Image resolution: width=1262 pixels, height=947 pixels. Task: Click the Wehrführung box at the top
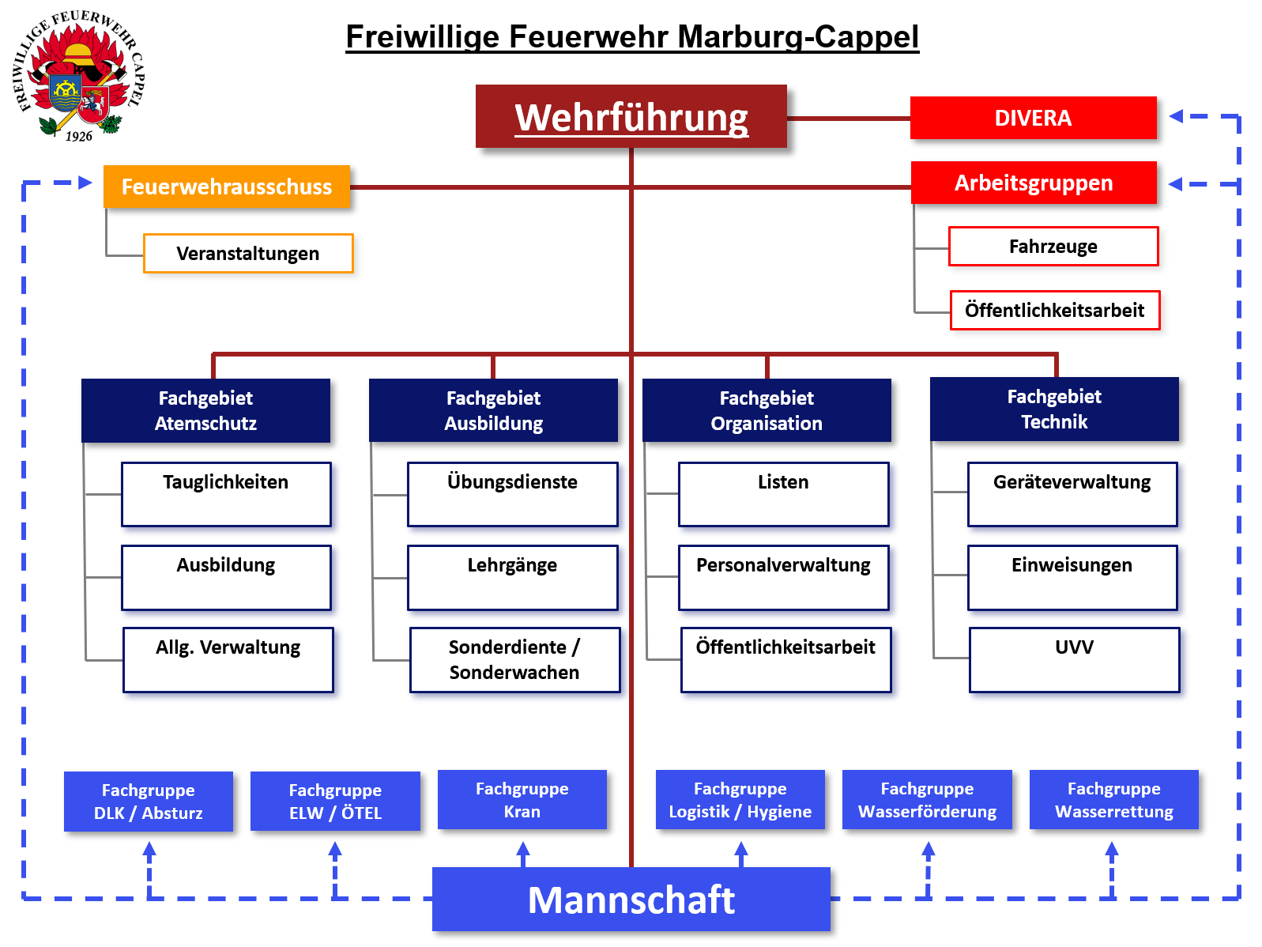click(631, 117)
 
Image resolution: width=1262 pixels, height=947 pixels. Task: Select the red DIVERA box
click(1033, 119)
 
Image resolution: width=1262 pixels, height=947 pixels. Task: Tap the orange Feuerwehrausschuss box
click(227, 187)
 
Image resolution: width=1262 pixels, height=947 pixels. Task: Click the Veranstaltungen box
click(248, 254)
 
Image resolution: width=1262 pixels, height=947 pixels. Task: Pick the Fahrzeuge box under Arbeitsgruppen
click(1053, 247)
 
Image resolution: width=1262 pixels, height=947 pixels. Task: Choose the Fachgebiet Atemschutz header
click(205, 410)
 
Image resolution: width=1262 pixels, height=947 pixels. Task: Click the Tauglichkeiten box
click(226, 494)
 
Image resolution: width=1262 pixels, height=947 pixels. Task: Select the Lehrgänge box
click(512, 577)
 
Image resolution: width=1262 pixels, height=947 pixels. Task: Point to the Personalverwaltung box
click(783, 577)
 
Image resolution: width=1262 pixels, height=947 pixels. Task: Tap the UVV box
click(1074, 659)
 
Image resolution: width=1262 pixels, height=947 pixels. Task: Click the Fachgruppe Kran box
click(522, 800)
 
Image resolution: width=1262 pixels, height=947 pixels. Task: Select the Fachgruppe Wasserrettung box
click(1113, 800)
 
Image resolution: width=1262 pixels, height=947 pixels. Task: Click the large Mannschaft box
click(631, 900)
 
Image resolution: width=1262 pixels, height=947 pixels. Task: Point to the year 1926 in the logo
click(79, 136)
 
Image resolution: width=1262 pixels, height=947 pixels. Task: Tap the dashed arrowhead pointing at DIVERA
click(1176, 116)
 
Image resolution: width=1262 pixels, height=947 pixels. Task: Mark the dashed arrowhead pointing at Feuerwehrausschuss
click(86, 183)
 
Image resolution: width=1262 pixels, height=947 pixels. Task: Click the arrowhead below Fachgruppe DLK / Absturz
click(149, 850)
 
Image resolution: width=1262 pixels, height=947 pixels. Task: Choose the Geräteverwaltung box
click(1072, 494)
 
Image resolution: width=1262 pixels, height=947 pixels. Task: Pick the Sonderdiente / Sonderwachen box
click(514, 659)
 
